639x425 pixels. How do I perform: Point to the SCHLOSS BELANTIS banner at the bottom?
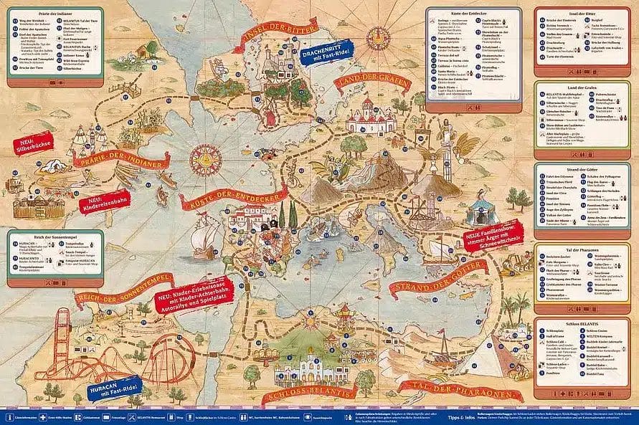[x=310, y=393]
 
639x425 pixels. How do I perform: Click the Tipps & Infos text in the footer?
[x=457, y=415]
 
